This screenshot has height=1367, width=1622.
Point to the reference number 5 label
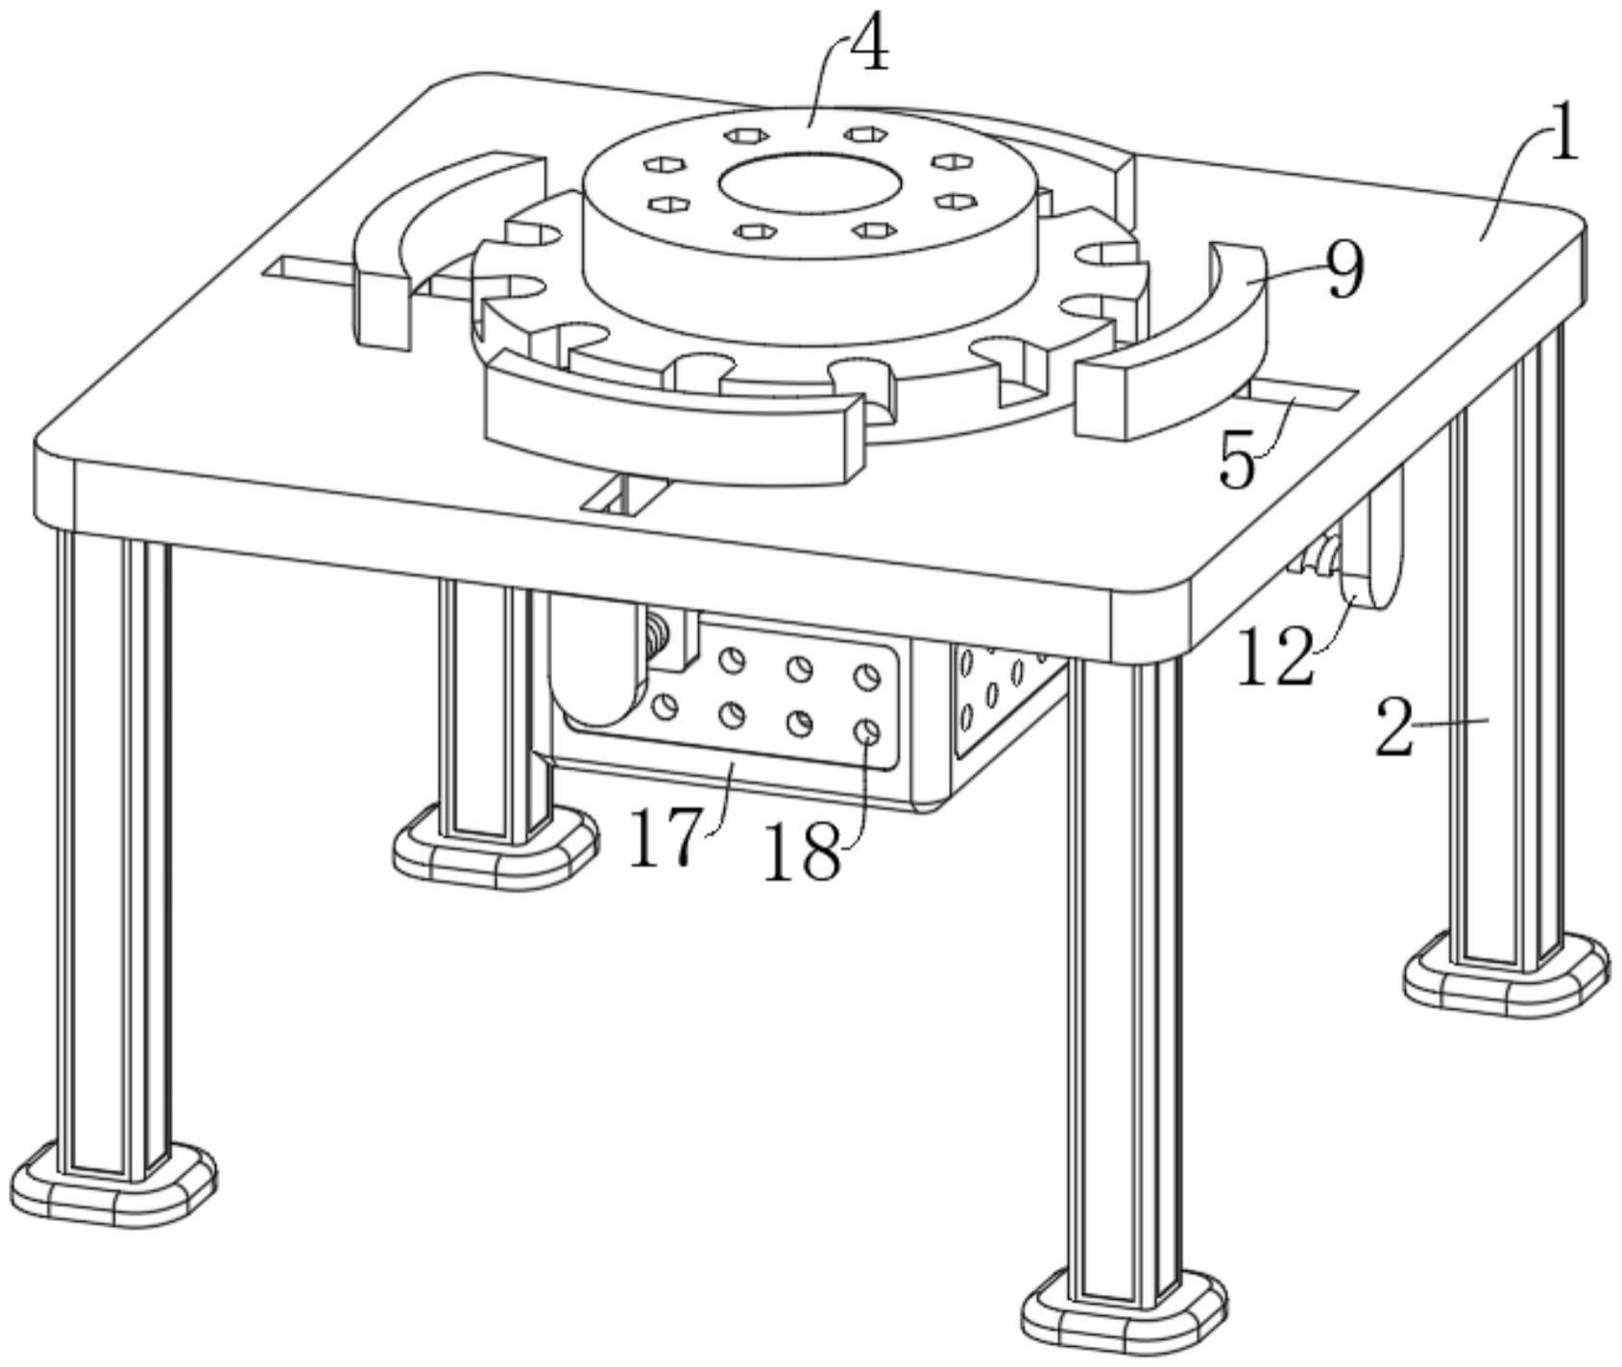(1238, 462)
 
